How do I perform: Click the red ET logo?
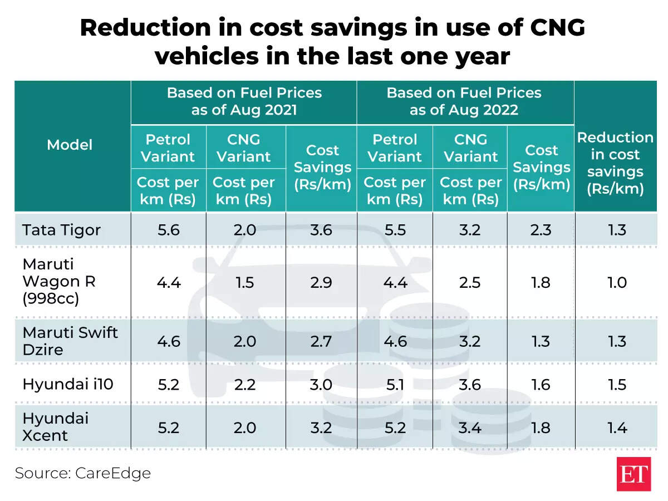click(633, 474)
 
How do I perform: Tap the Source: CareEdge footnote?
click(83, 473)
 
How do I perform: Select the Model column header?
click(70, 145)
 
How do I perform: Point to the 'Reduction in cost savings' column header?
click(615, 163)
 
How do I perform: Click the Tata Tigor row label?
click(61, 230)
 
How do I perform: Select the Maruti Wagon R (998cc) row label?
click(58, 282)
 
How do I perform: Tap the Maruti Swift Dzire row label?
click(70, 341)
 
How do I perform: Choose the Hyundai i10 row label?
click(68, 385)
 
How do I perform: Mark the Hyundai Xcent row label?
click(55, 427)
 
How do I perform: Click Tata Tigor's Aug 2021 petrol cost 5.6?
click(168, 230)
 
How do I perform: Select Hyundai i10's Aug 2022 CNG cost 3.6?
click(470, 385)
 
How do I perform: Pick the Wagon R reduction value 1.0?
click(617, 282)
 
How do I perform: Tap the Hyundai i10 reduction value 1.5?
click(617, 385)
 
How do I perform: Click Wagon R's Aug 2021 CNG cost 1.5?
click(244, 282)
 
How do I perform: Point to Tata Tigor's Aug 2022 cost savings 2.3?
click(541, 230)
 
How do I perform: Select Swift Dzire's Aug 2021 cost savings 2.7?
click(321, 341)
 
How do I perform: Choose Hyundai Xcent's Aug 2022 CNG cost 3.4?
click(470, 428)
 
